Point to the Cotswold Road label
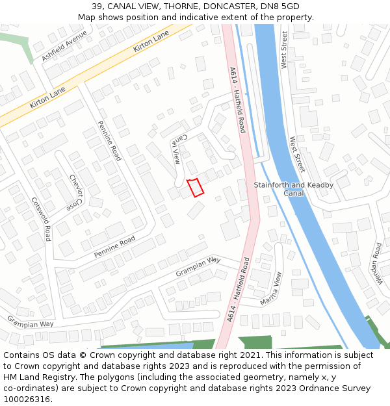(41, 220)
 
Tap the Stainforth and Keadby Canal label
(294, 189)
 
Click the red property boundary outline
(196, 187)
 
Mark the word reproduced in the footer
(257, 366)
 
